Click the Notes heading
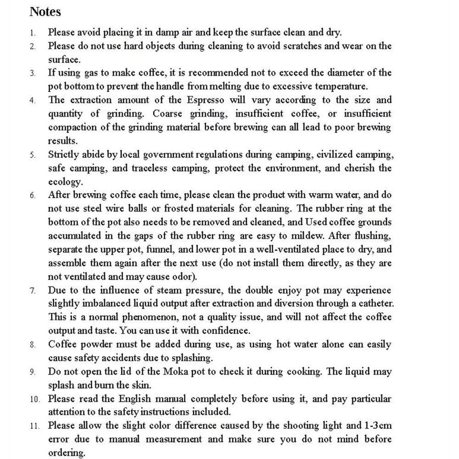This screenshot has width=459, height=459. pyautogui.click(x=45, y=11)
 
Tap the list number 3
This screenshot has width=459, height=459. pyautogui.click(x=33, y=73)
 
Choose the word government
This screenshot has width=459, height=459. pyautogui.click(x=155, y=154)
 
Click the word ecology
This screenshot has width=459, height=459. pyautogui.click(x=65, y=181)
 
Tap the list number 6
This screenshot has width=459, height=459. pyautogui.click(x=33, y=196)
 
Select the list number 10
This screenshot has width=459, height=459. pyautogui.click(x=35, y=399)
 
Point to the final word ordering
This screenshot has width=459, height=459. pyautogui.click(x=67, y=453)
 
